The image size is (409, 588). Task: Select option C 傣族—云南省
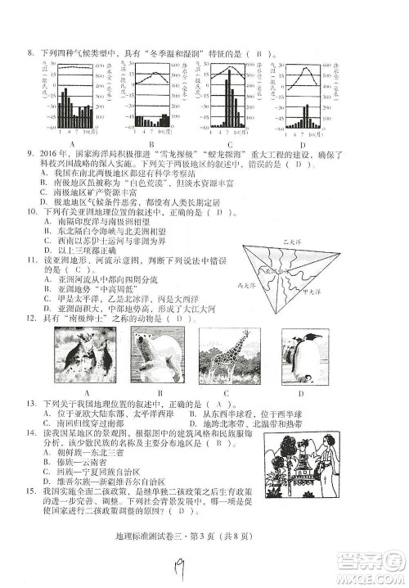(x=82, y=462)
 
